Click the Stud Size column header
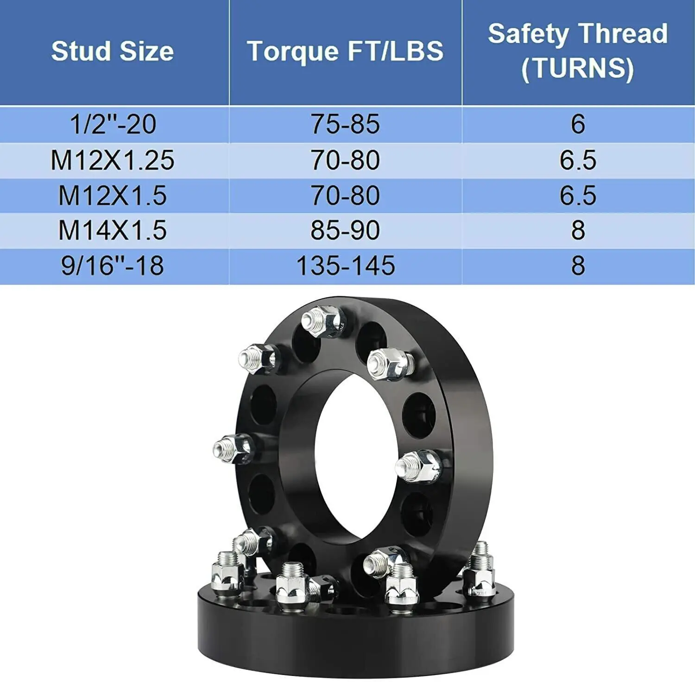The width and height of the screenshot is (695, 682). coord(113,51)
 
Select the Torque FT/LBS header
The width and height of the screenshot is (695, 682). coord(345,51)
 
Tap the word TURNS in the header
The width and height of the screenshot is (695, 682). coord(578,69)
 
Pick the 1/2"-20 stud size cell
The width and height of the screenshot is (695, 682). coord(113,124)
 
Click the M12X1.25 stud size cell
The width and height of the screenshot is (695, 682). coord(113,160)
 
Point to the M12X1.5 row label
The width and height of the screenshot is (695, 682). coord(113,196)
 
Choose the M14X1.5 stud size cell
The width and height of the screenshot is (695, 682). coord(113,230)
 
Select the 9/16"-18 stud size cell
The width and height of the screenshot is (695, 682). coord(113,266)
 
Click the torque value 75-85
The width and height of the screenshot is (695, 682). coord(345,124)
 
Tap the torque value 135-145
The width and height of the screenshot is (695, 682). coord(345,266)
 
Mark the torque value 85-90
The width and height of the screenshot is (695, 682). coord(345,230)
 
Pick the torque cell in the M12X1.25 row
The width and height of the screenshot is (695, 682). coord(345,160)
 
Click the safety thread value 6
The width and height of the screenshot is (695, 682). coord(578,124)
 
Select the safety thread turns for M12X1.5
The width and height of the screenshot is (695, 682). coord(578,196)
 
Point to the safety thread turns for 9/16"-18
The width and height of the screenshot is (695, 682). coord(578,266)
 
